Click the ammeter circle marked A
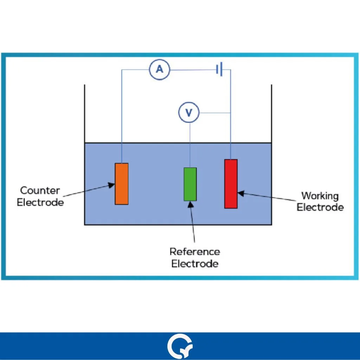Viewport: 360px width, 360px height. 160,70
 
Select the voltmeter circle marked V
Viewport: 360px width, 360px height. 189,112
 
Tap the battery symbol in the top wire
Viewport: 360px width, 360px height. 219,70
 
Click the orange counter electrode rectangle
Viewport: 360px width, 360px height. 122,184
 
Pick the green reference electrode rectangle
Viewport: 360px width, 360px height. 190,184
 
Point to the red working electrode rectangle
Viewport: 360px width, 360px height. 231,184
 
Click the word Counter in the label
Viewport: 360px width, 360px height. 40,191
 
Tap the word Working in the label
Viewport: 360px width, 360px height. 320,195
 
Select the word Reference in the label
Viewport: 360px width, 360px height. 195,252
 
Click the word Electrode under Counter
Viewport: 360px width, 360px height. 40,202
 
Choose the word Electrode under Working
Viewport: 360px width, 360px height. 320,207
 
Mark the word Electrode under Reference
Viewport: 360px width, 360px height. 195,263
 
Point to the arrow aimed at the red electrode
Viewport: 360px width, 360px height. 267,197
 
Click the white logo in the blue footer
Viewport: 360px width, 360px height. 180,347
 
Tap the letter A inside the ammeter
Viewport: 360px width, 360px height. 160,70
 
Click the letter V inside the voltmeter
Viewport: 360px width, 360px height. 189,112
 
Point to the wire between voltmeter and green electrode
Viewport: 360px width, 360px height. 190,144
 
